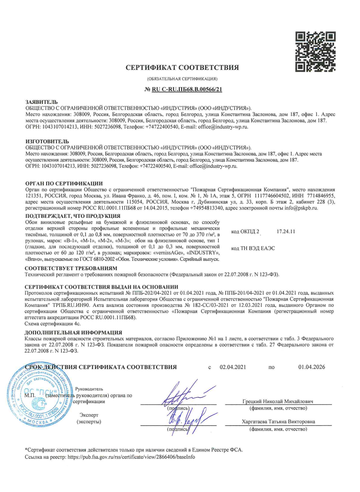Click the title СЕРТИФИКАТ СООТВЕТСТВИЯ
coord(182,68)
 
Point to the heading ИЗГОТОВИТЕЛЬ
coord(47,142)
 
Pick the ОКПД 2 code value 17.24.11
coord(286,232)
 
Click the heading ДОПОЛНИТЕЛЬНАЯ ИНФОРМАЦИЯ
coord(73,332)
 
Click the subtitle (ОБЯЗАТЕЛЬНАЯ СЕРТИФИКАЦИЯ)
coord(182,80)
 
